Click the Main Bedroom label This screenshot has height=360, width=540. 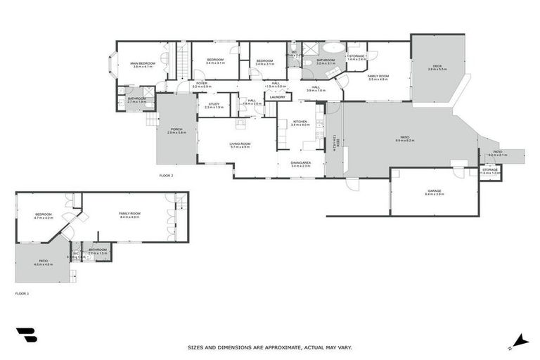tap(143, 63)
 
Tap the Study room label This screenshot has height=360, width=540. tap(214, 104)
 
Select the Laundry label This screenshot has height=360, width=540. tap(276, 97)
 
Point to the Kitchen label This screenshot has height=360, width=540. tap(300, 121)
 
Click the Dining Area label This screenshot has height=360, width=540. tap(300, 162)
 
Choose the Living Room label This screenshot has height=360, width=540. tap(240, 143)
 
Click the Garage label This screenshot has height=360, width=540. tap(434, 191)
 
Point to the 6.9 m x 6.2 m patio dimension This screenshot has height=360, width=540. tap(405, 141)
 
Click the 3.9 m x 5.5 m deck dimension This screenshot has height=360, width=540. tap(437, 70)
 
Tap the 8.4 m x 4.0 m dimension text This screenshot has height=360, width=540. tap(130, 217)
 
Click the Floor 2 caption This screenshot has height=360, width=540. tap(166, 175)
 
